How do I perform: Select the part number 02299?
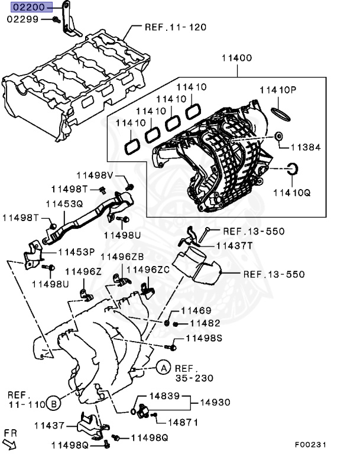(x=22, y=20)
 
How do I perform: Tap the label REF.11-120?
(x=176, y=27)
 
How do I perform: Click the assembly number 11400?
(x=237, y=59)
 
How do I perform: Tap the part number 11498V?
(x=94, y=175)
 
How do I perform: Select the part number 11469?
(x=196, y=311)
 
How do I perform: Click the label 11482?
(x=205, y=323)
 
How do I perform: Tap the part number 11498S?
(x=204, y=338)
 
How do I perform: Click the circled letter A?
(x=163, y=368)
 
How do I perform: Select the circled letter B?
(x=53, y=404)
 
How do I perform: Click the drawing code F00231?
(x=311, y=444)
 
